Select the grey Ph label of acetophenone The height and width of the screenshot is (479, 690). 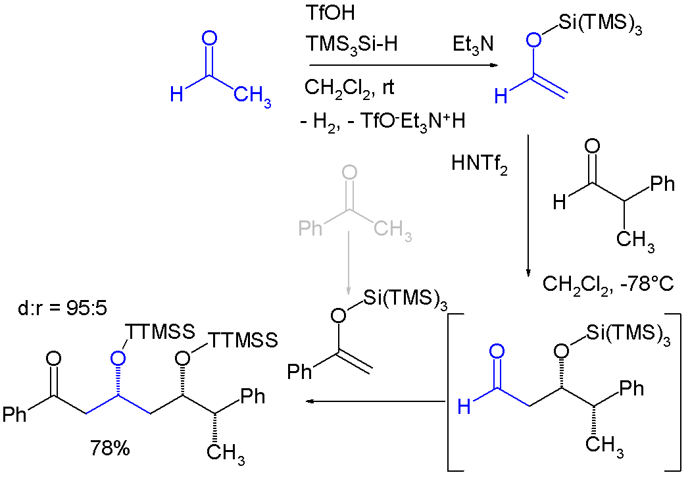pos(310,228)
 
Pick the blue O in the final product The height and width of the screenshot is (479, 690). pos(118,359)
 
